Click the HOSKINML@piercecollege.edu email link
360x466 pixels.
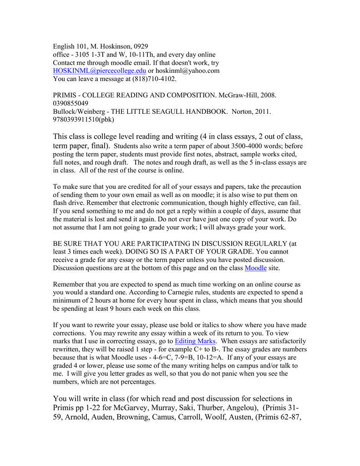click(100, 71)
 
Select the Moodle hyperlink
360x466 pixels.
click(255, 268)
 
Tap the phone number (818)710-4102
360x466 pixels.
click(153, 79)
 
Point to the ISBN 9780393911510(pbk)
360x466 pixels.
click(83, 120)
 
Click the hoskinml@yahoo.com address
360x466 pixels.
click(187, 71)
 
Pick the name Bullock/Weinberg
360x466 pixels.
click(79, 112)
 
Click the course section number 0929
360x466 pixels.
click(139, 46)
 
